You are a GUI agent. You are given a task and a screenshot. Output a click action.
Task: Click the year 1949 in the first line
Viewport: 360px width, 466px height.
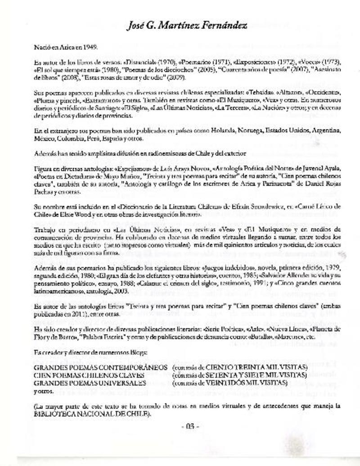[x=90, y=47]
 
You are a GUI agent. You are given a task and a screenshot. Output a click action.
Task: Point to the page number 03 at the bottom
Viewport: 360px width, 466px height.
[x=189, y=427]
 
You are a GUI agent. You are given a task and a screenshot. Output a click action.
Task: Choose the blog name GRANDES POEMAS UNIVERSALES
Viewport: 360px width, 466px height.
[x=90, y=382]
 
